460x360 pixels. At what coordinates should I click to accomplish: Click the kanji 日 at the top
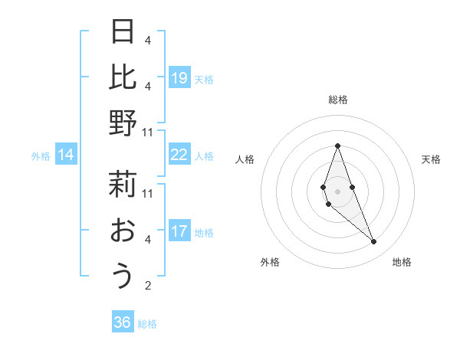coord(123,32)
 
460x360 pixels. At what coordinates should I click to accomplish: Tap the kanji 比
coord(123,77)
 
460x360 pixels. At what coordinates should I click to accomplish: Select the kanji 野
coord(123,123)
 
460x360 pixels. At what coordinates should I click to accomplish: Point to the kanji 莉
coord(123,185)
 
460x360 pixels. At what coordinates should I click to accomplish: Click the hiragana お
coord(123,231)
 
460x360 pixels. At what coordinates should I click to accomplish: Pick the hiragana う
coord(123,277)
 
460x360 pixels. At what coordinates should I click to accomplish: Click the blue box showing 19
coord(179,77)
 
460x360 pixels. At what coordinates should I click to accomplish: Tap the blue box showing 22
coord(179,155)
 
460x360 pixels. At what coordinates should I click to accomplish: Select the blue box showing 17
coord(179,231)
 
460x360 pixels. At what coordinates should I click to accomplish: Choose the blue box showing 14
coord(66,155)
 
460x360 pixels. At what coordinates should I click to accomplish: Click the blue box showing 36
coord(123,322)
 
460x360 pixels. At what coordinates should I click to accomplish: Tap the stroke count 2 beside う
coord(148,286)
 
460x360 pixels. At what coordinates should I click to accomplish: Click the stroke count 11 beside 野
coord(148,132)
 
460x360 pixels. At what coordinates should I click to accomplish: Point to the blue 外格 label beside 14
coord(41,156)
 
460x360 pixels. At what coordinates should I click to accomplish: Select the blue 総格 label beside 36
coord(147,324)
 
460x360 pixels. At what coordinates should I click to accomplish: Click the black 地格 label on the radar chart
coord(402,262)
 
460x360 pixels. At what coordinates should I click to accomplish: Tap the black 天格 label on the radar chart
coord(431,159)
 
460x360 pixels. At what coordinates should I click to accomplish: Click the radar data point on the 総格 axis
coord(337,146)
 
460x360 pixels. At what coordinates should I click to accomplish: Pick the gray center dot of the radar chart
coord(337,191)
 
